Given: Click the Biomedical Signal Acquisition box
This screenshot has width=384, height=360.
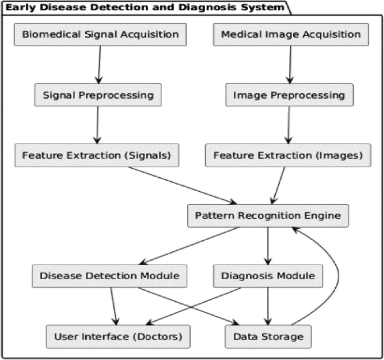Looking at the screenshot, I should pos(100,34).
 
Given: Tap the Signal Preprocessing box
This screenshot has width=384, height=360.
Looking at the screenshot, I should pos(98,95).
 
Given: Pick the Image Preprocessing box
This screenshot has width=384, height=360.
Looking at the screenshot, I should pos(289,95).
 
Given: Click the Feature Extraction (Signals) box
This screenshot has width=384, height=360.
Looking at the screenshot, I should pos(97,155).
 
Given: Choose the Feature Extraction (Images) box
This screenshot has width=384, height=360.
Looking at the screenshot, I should pos(288,155).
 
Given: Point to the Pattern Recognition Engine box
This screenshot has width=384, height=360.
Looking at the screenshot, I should pos(268,215).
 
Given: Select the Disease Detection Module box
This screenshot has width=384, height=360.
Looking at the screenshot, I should pos(109,276).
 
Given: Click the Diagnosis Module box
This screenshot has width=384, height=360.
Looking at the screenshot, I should pos(269,276).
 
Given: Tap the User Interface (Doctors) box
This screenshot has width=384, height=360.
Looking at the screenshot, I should pos(117,336).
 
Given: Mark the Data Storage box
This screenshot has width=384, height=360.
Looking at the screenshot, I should pos(268,336).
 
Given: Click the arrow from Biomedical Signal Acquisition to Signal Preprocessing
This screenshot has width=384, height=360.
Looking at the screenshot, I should pos(99,64).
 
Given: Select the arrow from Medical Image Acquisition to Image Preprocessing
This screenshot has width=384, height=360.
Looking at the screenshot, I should pos(290,64).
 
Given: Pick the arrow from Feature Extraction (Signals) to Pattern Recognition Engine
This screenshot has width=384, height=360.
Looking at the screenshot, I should pos(185,186).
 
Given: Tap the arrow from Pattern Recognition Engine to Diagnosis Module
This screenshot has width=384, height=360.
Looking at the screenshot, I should pos(268,246).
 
